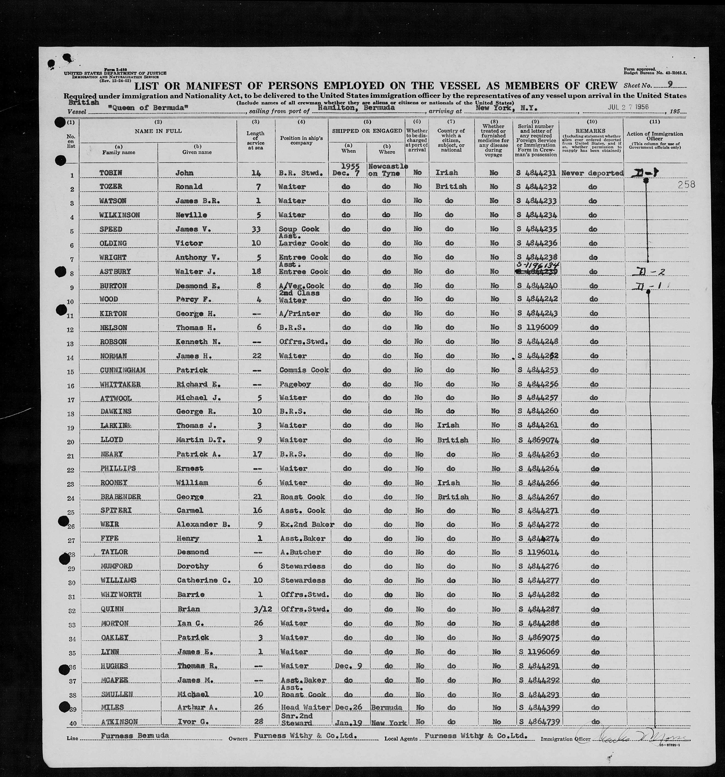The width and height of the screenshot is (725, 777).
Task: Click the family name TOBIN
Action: point(111,173)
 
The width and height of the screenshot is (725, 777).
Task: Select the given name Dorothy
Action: point(193,566)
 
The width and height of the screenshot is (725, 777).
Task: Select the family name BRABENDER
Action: point(120,497)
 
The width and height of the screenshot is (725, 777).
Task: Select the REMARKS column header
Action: point(591,130)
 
